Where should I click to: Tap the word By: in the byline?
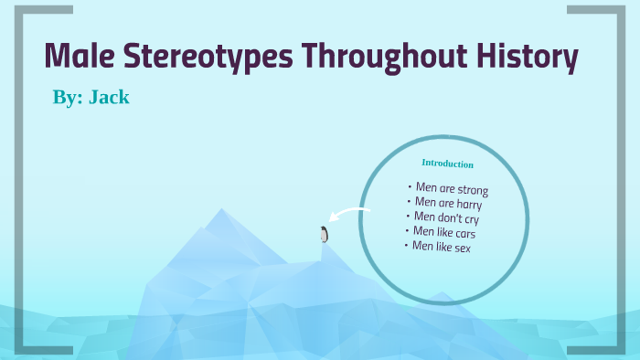(67, 97)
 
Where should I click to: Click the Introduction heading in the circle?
(447, 164)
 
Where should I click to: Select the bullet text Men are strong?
(452, 189)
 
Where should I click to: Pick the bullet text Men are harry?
(448, 204)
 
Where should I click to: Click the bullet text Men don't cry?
(446, 217)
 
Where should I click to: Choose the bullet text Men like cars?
(443, 232)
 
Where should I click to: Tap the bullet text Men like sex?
(441, 246)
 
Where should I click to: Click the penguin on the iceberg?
(324, 234)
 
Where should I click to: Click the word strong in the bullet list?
(472, 190)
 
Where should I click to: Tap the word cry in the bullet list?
(470, 219)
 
